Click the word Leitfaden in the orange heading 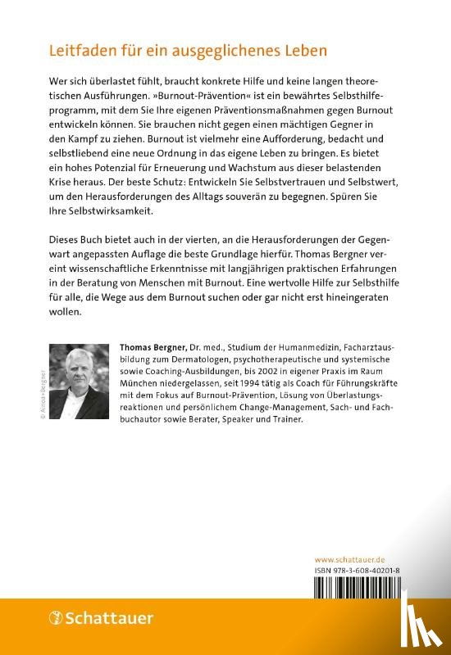[x=80, y=51]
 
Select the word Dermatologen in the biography [x=208, y=362]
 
